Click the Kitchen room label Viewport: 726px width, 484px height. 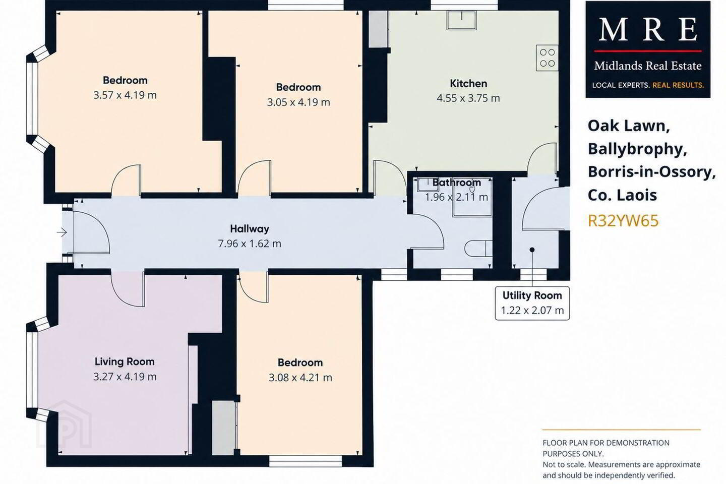point(468,84)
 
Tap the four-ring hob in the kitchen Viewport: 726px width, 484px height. point(547,57)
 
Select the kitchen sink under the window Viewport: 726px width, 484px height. point(461,20)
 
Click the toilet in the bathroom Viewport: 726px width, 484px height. point(478,249)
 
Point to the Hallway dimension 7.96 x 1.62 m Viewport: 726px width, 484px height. point(250,244)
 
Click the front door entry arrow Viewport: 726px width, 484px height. point(62,232)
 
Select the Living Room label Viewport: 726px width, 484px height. point(125,361)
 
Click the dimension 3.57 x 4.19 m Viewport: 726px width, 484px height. point(125,95)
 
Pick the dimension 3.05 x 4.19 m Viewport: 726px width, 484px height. point(298,102)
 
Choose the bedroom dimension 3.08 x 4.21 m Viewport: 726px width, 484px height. point(300,378)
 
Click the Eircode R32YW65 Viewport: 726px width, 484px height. point(623,221)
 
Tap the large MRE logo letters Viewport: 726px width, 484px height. point(647,29)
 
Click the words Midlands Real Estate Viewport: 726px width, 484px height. point(647,66)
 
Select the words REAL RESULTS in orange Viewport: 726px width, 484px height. point(678,85)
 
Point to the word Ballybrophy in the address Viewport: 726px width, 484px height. point(637,149)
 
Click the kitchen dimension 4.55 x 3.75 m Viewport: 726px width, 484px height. point(468,98)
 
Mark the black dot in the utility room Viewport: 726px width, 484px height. point(532,250)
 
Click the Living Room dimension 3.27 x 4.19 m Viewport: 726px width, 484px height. point(125,377)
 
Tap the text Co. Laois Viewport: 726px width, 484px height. point(622,195)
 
